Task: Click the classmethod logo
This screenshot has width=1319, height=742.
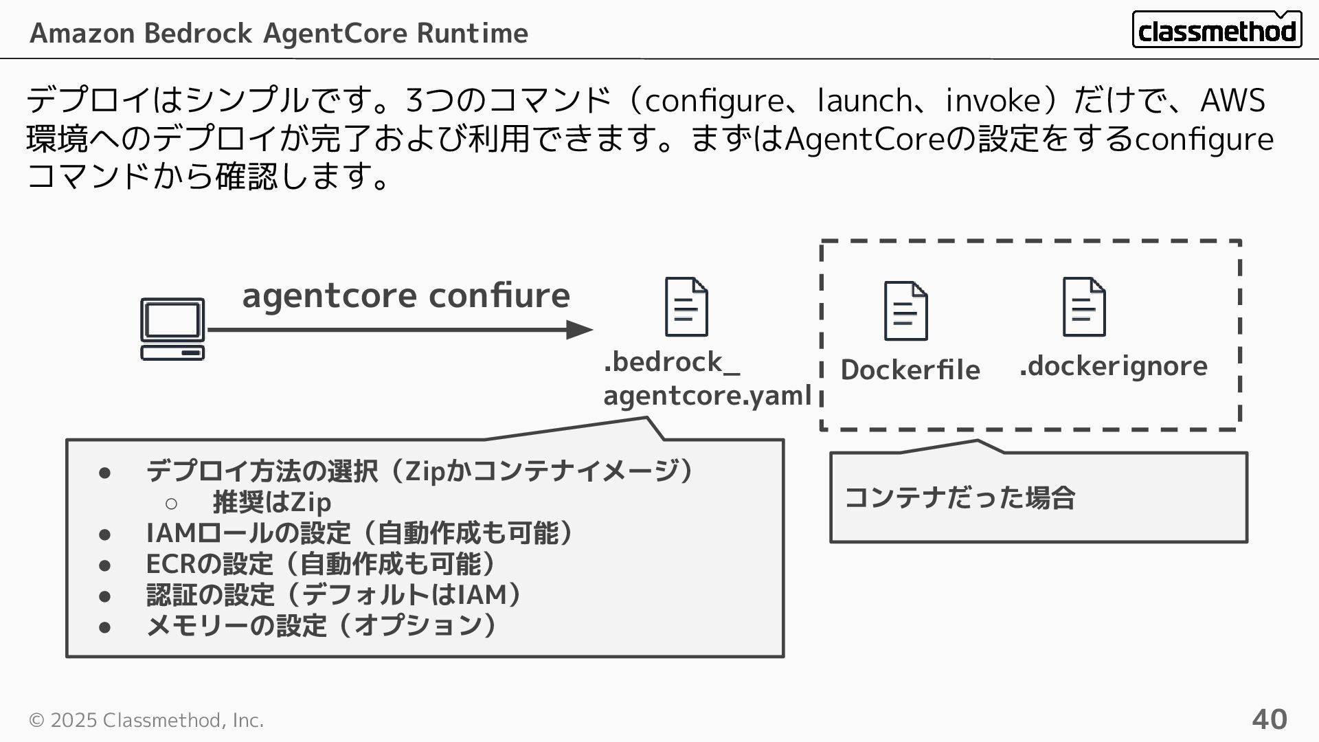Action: point(1216,30)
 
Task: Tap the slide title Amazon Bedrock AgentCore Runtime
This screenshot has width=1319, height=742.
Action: point(279,33)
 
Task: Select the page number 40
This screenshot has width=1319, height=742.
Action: point(1269,719)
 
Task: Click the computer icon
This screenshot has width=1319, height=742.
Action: point(172,329)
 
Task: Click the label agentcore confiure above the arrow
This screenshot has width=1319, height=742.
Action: point(405,295)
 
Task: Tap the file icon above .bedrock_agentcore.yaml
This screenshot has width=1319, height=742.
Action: point(686,307)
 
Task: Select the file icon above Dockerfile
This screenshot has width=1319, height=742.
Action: point(905,311)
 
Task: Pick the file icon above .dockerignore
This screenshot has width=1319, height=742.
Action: point(1083,307)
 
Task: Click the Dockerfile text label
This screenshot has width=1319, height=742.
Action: point(910,370)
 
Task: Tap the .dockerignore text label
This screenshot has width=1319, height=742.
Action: point(1113,366)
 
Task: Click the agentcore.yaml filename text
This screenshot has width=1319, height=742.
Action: point(707,395)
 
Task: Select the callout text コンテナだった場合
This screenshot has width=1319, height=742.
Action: point(959,497)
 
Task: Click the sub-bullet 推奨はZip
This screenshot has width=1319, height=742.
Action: point(272,502)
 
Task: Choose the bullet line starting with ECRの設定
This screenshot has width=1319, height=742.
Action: point(320,564)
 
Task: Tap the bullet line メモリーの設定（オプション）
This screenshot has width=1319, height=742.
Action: point(320,626)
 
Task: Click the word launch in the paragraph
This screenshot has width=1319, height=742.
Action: point(864,100)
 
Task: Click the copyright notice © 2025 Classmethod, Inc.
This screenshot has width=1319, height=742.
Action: point(146,720)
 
